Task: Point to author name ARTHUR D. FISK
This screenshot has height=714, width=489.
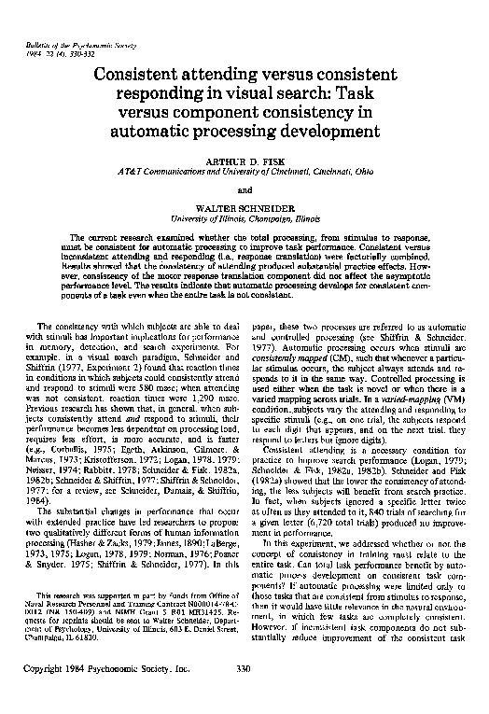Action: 244,161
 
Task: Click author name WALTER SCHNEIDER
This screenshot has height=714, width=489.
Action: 244,211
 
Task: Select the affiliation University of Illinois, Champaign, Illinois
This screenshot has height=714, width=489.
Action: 244,221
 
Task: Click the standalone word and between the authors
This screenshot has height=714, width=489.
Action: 244,191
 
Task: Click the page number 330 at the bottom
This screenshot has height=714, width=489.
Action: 245,694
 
